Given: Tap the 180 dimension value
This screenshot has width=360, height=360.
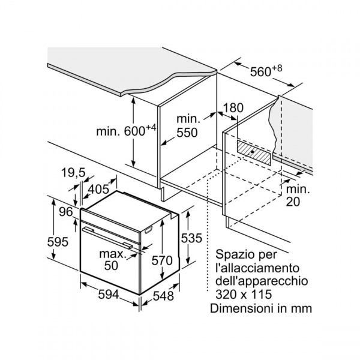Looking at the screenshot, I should coord(233,108).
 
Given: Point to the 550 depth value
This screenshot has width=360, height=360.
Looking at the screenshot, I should coord(187,134).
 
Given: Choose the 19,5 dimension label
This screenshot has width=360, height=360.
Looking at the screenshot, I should coord(73,173).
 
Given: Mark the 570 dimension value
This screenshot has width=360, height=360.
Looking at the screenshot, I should coord(162,260).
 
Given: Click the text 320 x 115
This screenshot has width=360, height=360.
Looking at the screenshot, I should coord(241,295).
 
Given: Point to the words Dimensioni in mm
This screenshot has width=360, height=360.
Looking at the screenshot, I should coord(261,308).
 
